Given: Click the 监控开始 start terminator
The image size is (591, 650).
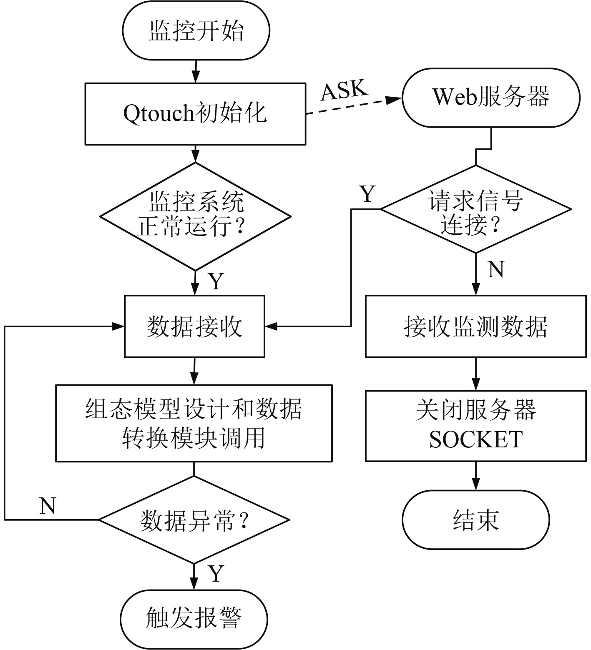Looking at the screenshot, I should pyautogui.click(x=196, y=30).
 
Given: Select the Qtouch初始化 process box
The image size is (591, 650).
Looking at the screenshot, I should pyautogui.click(x=195, y=113).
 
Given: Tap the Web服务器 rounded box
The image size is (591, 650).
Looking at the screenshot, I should pyautogui.click(x=491, y=98).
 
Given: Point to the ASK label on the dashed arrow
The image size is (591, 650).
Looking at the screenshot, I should pyautogui.click(x=345, y=90).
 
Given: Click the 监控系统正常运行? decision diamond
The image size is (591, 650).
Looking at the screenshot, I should pyautogui.click(x=195, y=216).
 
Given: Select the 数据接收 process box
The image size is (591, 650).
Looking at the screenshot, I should pyautogui.click(x=194, y=326).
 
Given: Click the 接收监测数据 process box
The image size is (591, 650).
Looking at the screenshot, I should pyautogui.click(x=476, y=326).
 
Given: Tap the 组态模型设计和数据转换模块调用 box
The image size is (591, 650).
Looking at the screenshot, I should pyautogui.click(x=194, y=423).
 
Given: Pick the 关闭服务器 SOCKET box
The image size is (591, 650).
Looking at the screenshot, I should pyautogui.click(x=476, y=425).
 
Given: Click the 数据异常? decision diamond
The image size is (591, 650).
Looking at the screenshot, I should pyautogui.click(x=194, y=520).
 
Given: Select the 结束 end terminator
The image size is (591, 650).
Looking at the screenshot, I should pyautogui.click(x=476, y=519).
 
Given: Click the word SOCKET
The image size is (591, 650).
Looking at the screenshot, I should pyautogui.click(x=476, y=439).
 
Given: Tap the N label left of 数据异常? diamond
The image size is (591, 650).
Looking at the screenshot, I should pyautogui.click(x=48, y=506).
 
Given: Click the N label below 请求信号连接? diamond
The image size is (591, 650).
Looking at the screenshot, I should pyautogui.click(x=496, y=269).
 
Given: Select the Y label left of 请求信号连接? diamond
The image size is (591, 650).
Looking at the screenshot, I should pyautogui.click(x=367, y=194).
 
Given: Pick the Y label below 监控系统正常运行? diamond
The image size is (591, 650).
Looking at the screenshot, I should pyautogui.click(x=216, y=281).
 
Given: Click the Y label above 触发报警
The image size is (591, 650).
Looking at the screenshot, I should pyautogui.click(x=216, y=574).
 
